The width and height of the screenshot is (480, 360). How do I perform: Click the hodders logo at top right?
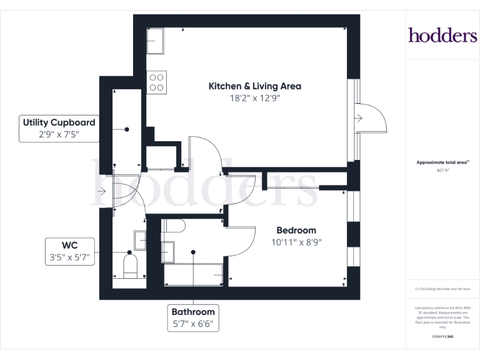coord(442,35)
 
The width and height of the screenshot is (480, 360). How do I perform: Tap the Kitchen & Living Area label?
coord(254,86)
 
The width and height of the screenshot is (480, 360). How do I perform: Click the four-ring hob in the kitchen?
coord(157,82)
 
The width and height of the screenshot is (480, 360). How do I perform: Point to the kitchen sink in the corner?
coord(155,41)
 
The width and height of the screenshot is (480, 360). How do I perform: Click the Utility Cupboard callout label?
coord(59,122)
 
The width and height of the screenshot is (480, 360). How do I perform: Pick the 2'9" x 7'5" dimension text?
coord(59,134)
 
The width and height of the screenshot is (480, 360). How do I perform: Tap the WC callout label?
coord(69,244)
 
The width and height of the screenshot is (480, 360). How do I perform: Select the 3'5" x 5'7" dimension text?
coord(69,256)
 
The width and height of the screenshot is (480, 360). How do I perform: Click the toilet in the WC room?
coord(131,266)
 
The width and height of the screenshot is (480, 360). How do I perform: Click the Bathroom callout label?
coord(193,311)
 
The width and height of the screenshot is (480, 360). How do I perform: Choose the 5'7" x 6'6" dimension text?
coord(193,324)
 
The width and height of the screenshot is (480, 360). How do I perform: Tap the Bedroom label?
coord(296,230)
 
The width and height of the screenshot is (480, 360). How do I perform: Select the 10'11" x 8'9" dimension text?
coord(296,242)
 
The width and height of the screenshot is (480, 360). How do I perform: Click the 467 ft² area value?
coord(442,169)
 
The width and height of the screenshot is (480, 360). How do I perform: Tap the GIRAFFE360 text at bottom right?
coord(442,337)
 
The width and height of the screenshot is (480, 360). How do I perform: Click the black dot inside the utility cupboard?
coord(127,129)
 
